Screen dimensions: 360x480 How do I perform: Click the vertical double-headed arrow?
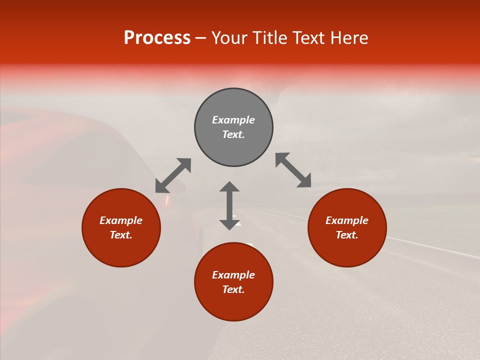(x=229, y=206)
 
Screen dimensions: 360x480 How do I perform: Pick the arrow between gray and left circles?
(x=173, y=175)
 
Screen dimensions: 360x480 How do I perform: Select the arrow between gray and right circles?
(x=293, y=170)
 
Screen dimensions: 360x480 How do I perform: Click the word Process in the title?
(x=157, y=38)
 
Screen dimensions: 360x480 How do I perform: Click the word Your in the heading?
(x=230, y=38)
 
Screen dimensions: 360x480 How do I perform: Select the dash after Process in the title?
(x=200, y=38)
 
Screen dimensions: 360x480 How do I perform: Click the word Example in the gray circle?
(x=233, y=120)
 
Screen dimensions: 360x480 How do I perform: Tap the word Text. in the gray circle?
(x=233, y=134)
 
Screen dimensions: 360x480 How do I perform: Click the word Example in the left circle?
(x=121, y=220)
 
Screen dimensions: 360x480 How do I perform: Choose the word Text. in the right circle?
(x=347, y=235)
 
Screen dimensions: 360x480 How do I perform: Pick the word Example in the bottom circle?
(x=233, y=275)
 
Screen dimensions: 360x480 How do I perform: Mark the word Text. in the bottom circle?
(x=233, y=289)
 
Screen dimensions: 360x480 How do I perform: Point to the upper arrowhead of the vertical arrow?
(x=229, y=186)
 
